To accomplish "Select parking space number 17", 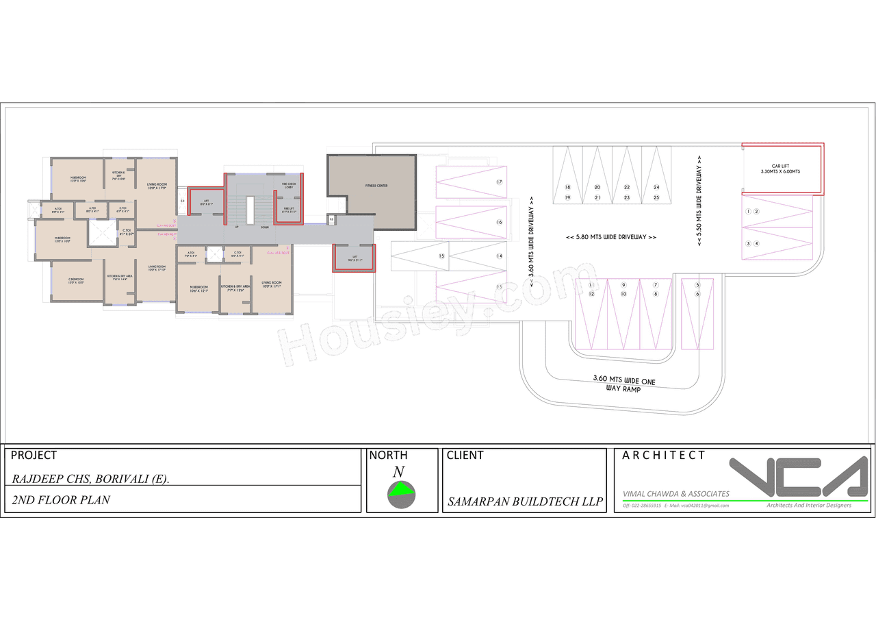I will click(500, 182).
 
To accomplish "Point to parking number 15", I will click(442, 256).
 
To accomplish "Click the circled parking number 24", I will click(656, 187).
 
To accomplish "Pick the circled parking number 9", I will click(623, 285).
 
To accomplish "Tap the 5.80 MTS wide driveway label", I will click(611, 237).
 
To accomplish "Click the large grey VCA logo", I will click(797, 478).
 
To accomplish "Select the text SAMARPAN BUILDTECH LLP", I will click(525, 501).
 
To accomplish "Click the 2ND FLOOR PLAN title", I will click(61, 500).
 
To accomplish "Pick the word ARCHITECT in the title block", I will click(663, 456).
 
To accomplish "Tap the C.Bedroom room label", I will click(76, 280).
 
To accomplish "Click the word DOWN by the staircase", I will click(264, 227).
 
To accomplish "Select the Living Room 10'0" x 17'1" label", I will click(272, 284).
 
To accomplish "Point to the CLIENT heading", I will click(465, 456).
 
